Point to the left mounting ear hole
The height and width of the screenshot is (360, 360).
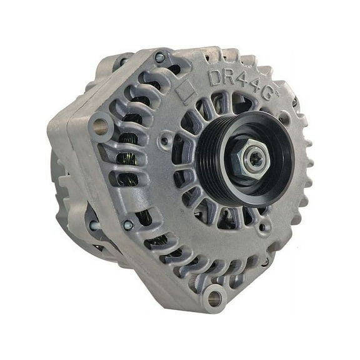(100, 126)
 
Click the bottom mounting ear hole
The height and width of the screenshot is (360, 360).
(214, 297)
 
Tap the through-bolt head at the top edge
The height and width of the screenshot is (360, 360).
(160, 58)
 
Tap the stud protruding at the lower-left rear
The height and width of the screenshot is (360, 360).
(94, 226)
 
